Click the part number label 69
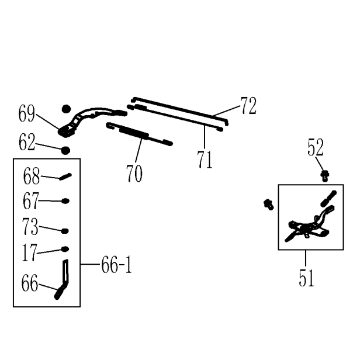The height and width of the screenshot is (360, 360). point(27,113)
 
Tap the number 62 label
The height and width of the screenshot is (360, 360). point(27,142)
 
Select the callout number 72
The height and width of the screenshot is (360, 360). point(248,106)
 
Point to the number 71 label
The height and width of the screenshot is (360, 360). point(205,160)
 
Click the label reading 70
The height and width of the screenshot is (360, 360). point(134,174)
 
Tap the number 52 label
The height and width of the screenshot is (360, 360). point(316,147)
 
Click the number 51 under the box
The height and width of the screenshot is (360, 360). point(306,278)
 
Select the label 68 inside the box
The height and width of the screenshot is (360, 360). point(32,176)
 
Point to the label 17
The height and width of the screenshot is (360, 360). point(30,253)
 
